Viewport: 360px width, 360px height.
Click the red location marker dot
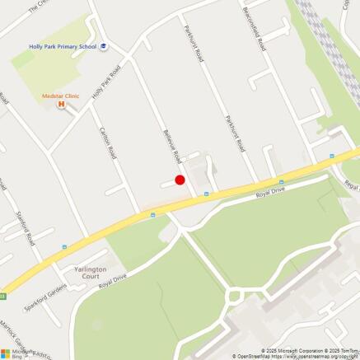point(180,180)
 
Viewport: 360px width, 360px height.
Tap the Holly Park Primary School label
point(62,47)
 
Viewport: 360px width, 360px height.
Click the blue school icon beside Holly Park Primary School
point(103,47)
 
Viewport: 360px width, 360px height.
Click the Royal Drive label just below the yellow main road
point(269,194)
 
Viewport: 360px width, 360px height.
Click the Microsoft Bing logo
point(16,353)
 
